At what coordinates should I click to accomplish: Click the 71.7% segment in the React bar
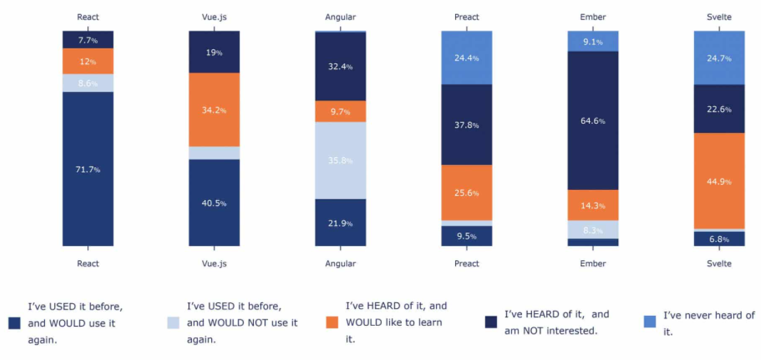pyautogui.click(x=88, y=169)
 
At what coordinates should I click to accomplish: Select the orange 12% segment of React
pyautogui.click(x=88, y=61)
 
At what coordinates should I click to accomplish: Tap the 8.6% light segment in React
pyautogui.click(x=88, y=83)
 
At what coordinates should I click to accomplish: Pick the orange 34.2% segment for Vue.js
pyautogui.click(x=214, y=110)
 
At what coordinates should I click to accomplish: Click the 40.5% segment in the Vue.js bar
pyautogui.click(x=214, y=203)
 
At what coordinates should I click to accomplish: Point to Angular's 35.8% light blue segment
pyautogui.click(x=341, y=160)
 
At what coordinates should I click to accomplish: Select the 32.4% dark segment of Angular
pyautogui.click(x=341, y=66)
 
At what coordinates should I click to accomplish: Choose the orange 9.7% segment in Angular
pyautogui.click(x=341, y=112)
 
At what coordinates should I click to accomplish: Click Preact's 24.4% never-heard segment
pyautogui.click(x=467, y=58)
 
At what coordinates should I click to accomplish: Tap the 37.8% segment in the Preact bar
pyautogui.click(x=467, y=125)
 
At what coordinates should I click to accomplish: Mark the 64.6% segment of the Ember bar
pyautogui.click(x=593, y=120)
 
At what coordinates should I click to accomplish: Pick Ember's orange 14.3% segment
pyautogui.click(x=593, y=206)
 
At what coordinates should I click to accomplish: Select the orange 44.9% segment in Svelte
pyautogui.click(x=719, y=181)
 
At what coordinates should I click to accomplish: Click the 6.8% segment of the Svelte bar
pyautogui.click(x=719, y=239)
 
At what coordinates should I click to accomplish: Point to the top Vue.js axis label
pyautogui.click(x=214, y=17)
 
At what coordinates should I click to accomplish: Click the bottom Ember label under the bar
pyautogui.click(x=593, y=263)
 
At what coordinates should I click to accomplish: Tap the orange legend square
pyautogui.click(x=332, y=322)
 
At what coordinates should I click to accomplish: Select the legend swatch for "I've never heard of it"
pyautogui.click(x=649, y=322)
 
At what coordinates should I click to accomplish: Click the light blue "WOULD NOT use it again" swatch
pyautogui.click(x=173, y=322)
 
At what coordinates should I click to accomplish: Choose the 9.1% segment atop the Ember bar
pyautogui.click(x=593, y=41)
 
